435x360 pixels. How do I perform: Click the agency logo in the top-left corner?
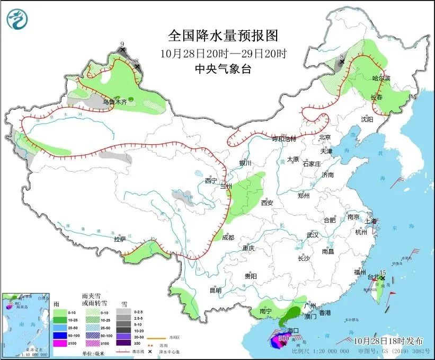pos(16,19)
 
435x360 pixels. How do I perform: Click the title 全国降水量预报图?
pos(223,36)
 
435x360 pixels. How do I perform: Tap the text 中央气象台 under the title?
pos(223,68)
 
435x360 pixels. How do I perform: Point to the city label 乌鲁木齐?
pos(115,102)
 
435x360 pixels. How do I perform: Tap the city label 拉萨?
pos(120,239)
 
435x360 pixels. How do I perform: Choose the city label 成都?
pos(228,238)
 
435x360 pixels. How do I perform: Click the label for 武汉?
pos(313,235)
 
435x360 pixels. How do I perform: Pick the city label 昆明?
pos(215,290)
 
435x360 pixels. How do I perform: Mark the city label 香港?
pos(324,313)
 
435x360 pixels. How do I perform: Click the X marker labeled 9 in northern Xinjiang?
pos(122,50)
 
